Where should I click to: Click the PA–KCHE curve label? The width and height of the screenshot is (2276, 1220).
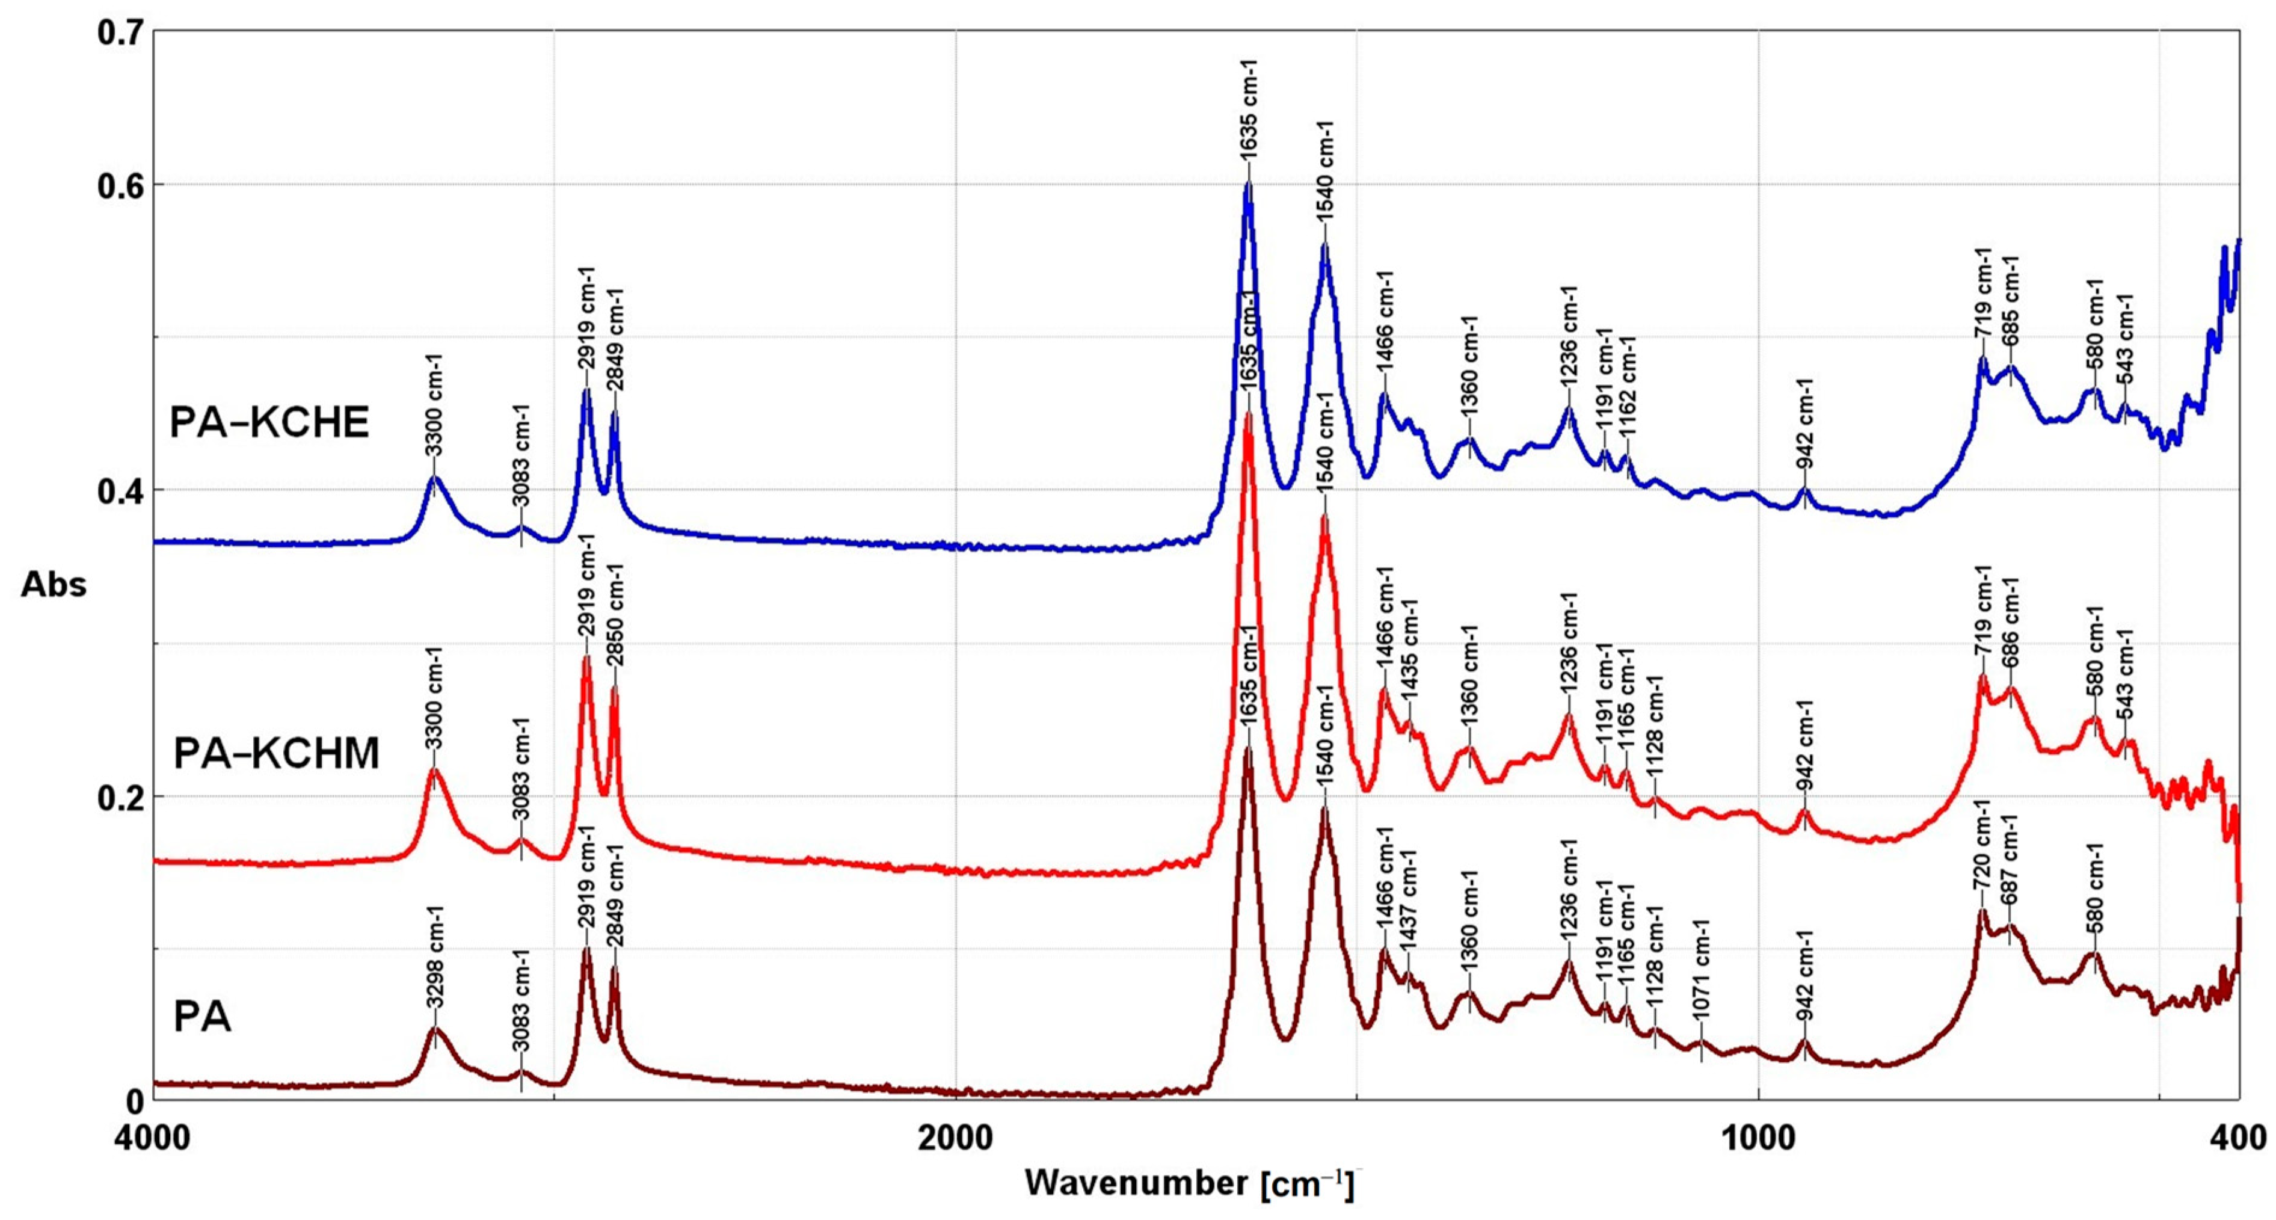269,423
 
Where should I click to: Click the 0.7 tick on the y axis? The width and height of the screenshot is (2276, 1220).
120,32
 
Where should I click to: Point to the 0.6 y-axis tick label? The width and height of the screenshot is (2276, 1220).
120,185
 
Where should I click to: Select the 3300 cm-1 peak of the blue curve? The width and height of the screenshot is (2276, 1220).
433,477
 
